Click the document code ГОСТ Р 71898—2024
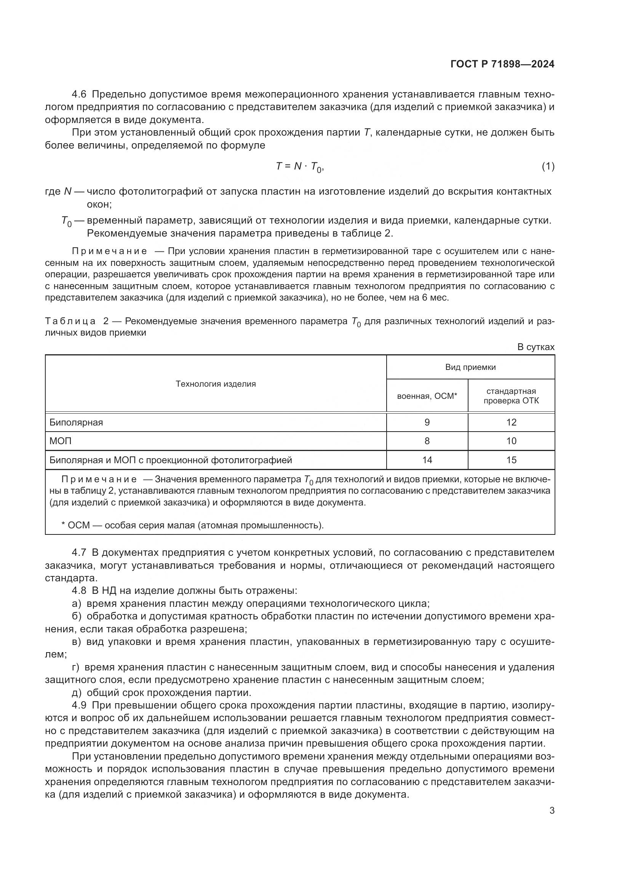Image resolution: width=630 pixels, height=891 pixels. pyautogui.click(x=502, y=64)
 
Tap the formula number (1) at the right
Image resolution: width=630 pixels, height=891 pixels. pyautogui.click(x=548, y=166)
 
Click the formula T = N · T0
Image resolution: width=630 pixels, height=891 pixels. pyautogui.click(x=299, y=166)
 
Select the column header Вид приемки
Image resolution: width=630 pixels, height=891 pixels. pyautogui.click(x=470, y=367)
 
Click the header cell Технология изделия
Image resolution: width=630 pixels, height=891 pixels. pyautogui.click(x=216, y=384)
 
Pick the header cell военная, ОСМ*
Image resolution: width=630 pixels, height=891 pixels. pyautogui.click(x=427, y=396)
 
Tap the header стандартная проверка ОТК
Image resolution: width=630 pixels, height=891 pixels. pyautogui.click(x=511, y=396)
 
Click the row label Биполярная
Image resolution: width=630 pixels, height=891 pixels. pyautogui.click(x=77, y=422)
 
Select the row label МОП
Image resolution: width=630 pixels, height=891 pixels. pyautogui.click(x=61, y=441)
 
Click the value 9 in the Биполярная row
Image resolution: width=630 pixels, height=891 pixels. pyautogui.click(x=427, y=422)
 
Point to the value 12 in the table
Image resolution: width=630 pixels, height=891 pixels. pyautogui.click(x=511, y=422)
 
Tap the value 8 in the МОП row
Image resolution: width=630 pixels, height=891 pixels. pyautogui.click(x=427, y=441)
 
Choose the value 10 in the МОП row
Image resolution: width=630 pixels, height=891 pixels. pyautogui.click(x=511, y=441)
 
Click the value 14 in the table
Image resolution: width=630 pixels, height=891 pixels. pyautogui.click(x=427, y=460)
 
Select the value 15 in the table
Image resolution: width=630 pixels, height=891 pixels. pyautogui.click(x=511, y=460)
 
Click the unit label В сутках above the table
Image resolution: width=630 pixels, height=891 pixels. pyautogui.click(x=536, y=347)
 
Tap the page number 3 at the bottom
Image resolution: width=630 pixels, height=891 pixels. pyautogui.click(x=552, y=810)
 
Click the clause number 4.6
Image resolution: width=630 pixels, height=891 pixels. pyautogui.click(x=80, y=94)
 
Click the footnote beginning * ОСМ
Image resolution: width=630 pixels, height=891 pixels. pyautogui.click(x=192, y=525)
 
